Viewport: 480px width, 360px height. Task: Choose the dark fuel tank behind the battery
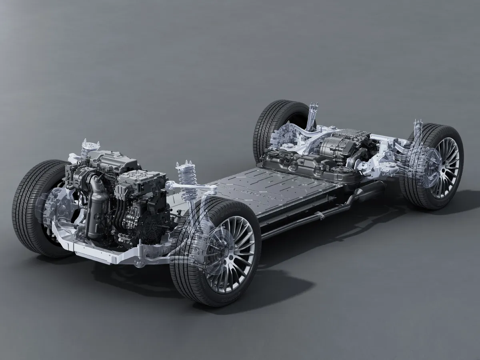(x=304, y=164)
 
